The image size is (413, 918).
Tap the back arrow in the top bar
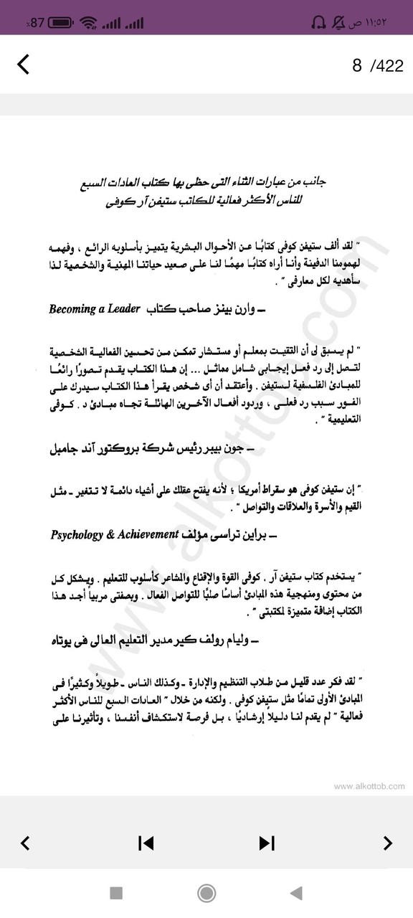click(24, 65)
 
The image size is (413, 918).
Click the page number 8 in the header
click(356, 66)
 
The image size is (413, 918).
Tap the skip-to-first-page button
click(146, 843)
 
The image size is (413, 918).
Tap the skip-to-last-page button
click(267, 843)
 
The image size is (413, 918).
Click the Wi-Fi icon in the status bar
click(89, 22)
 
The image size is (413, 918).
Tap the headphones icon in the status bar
click(318, 22)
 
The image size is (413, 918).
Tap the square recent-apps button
click(116, 893)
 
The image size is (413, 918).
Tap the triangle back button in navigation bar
click(295, 893)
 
